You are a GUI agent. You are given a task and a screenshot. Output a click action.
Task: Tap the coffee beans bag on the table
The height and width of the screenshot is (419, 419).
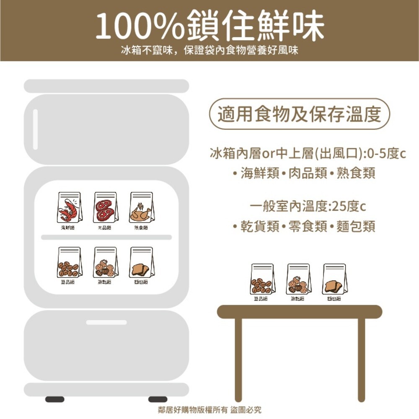pyautogui.click(x=263, y=279)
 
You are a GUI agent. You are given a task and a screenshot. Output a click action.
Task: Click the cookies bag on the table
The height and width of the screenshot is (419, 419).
pyautogui.click(x=298, y=279)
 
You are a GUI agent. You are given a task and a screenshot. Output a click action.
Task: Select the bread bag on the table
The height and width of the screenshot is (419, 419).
pyautogui.click(x=334, y=279)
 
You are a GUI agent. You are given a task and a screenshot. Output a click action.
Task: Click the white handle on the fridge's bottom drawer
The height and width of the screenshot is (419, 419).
pyautogui.click(x=106, y=322)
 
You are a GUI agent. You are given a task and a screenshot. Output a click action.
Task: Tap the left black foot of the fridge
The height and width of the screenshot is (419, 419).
pyautogui.click(x=55, y=399)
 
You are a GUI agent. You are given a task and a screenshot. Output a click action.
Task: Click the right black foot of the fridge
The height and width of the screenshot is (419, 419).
pyautogui.click(x=158, y=399)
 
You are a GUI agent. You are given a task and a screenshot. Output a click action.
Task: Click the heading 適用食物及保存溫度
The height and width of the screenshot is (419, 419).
pyautogui.click(x=299, y=114)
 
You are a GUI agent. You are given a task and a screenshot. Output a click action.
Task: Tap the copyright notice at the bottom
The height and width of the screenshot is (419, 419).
pyautogui.click(x=209, y=410)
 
